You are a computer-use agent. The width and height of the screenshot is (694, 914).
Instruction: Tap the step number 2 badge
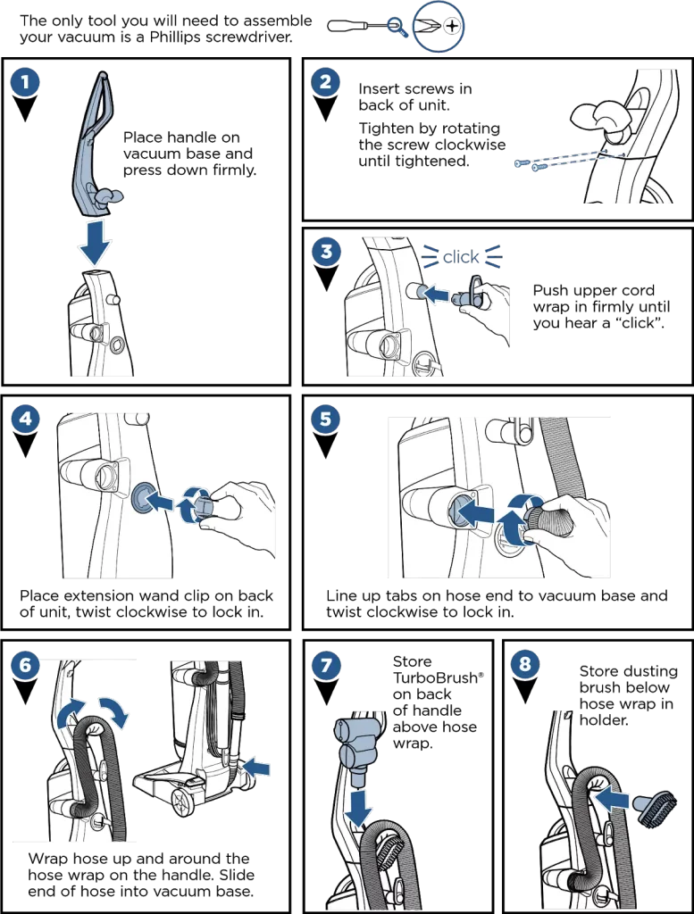click(325, 82)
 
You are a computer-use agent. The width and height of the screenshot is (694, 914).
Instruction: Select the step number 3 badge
click(325, 252)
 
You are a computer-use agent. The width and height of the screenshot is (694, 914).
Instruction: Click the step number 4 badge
click(25, 419)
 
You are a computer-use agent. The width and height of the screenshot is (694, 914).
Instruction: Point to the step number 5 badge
click(325, 419)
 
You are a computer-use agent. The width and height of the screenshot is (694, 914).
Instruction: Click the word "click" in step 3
click(461, 258)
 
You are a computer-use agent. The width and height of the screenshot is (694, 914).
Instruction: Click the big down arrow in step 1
click(93, 240)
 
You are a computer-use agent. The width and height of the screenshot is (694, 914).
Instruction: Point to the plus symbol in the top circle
click(453, 27)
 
